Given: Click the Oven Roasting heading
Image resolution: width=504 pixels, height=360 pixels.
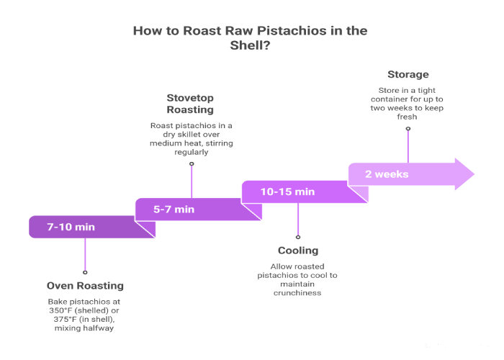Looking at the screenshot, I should click(x=85, y=286).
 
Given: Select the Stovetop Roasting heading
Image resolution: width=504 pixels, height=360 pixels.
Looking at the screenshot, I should click(x=191, y=103).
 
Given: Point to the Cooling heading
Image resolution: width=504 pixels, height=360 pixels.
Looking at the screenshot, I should click(x=297, y=251).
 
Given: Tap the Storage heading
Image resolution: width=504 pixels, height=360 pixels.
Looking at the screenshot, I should click(x=408, y=74).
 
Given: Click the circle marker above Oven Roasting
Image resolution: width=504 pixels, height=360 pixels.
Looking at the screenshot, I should click(x=85, y=272).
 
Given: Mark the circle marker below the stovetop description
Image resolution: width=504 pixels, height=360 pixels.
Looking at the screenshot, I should click(x=192, y=164).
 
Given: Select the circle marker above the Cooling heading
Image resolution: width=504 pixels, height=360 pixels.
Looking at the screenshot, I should click(x=298, y=237).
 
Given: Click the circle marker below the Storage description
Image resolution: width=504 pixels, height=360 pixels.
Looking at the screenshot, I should click(x=408, y=129).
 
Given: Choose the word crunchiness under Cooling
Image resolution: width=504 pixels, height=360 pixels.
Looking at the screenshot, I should click(x=297, y=292).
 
